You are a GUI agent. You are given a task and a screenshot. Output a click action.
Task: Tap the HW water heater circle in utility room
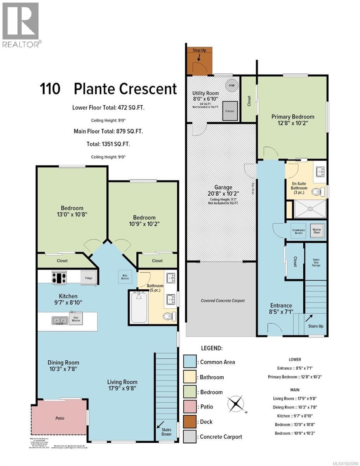coord(231,85)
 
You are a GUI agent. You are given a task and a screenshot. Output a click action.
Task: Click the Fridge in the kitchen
coord(88,278)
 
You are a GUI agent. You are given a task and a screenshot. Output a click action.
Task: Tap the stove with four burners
coord(59,278)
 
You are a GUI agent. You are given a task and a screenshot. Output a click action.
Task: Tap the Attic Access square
coord(125,277)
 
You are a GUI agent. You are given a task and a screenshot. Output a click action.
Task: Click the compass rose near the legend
coord(236,404)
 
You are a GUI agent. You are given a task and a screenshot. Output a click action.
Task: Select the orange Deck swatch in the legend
coord(190,422)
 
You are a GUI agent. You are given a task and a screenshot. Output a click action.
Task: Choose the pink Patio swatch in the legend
coord(190,407)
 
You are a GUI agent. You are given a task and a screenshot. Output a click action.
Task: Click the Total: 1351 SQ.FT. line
coord(108,144)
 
